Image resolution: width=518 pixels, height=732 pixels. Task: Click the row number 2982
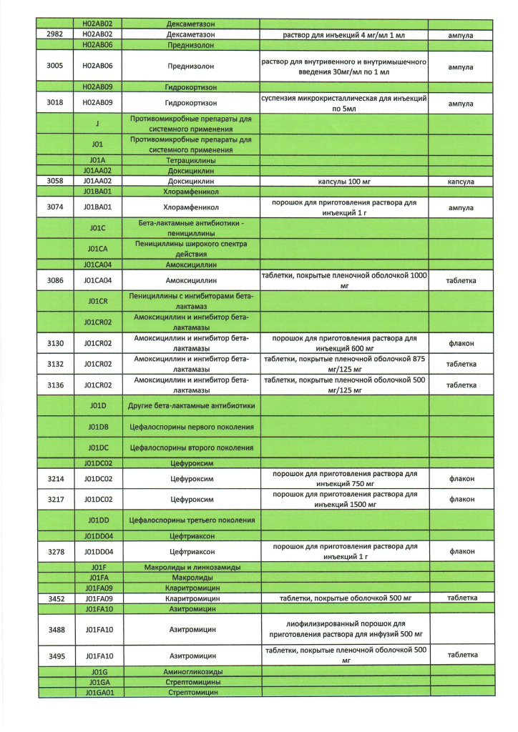[55, 34]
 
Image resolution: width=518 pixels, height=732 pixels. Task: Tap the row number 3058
[56, 182]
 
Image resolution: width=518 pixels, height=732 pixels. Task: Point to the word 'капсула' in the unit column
[461, 182]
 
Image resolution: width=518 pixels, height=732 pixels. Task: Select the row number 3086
[56, 280]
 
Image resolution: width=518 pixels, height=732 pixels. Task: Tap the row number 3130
[56, 343]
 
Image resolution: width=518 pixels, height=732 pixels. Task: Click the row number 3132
[56, 364]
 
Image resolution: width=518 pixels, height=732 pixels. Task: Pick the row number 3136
[56, 385]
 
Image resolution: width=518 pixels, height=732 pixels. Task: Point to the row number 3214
[56, 478]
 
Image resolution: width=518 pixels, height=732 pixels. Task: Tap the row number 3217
[56, 499]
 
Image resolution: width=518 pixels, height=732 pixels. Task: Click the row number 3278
[56, 551]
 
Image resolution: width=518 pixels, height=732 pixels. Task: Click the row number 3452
[56, 598]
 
